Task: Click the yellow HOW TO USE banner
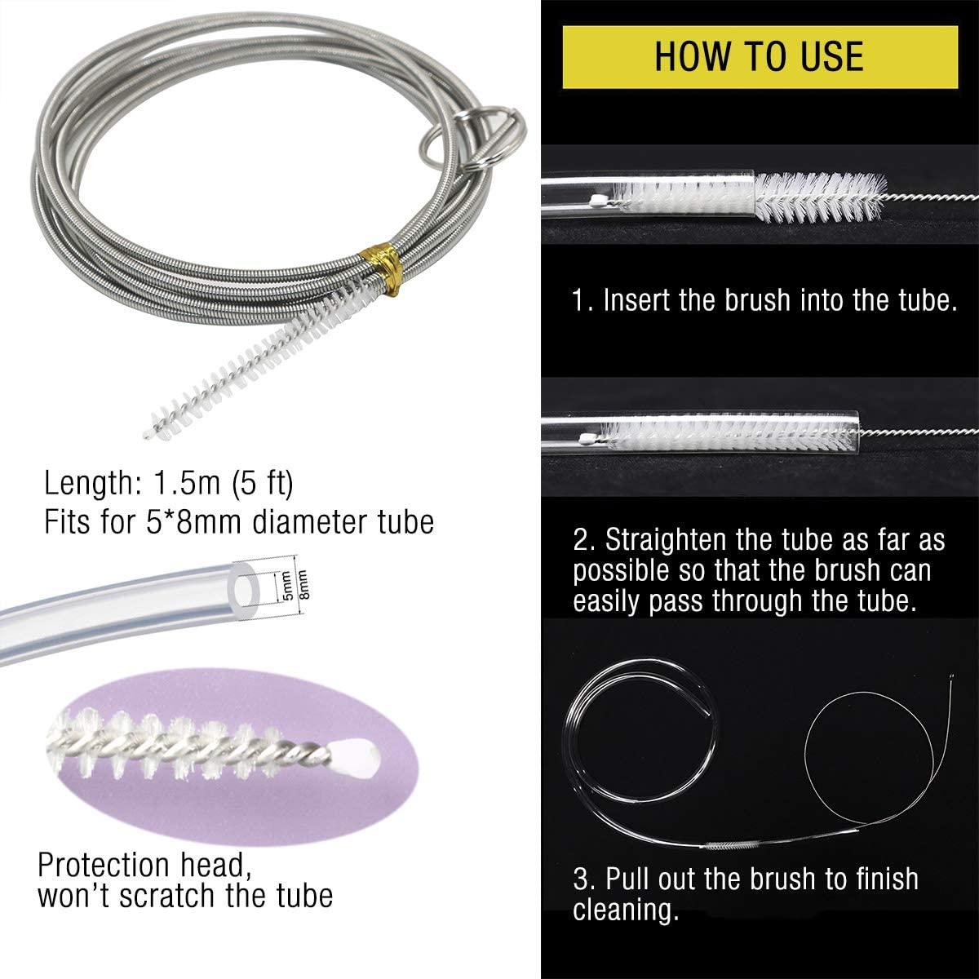click(760, 57)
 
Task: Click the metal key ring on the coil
click(472, 136)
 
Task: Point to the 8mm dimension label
click(303, 585)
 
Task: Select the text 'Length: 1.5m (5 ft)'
click(169, 483)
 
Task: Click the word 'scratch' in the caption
click(167, 896)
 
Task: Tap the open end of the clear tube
click(245, 590)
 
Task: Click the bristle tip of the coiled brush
click(148, 435)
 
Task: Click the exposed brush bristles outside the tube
click(819, 197)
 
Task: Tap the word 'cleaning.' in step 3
click(626, 910)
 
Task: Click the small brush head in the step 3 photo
click(729, 846)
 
